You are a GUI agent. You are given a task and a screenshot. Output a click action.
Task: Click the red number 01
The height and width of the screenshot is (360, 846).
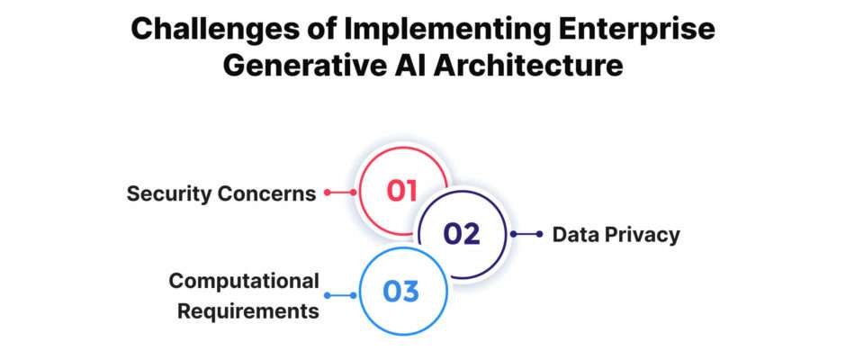click(x=402, y=191)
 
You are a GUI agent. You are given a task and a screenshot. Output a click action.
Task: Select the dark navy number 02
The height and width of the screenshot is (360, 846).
click(x=462, y=234)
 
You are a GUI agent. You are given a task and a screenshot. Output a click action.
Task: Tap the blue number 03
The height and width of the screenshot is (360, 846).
click(x=401, y=292)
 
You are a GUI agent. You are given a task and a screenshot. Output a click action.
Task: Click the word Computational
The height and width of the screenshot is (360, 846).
click(x=244, y=282)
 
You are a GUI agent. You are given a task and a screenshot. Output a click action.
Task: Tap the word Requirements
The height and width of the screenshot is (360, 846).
click(x=248, y=312)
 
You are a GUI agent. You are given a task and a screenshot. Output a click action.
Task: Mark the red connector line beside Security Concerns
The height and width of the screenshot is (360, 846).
click(x=340, y=192)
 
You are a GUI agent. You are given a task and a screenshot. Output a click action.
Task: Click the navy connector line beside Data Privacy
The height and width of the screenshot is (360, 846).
click(x=526, y=234)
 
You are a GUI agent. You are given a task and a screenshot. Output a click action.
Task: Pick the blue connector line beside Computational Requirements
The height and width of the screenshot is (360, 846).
click(x=340, y=295)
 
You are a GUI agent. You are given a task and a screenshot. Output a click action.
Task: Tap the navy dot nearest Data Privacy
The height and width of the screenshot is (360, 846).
click(x=539, y=234)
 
